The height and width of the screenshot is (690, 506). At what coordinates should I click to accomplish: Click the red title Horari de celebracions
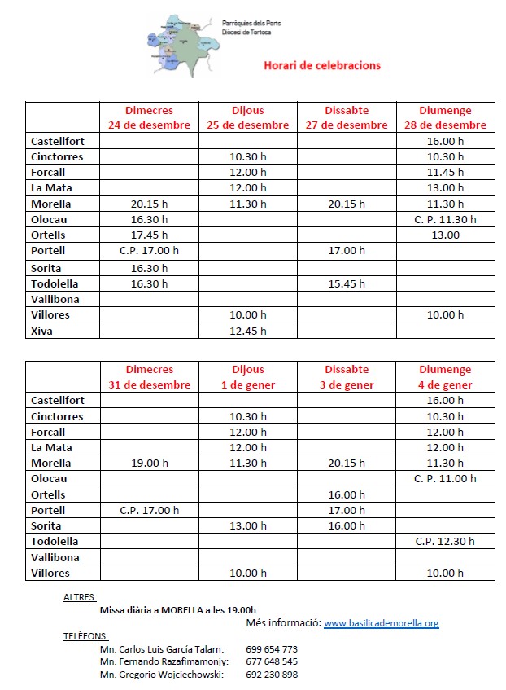[322, 65]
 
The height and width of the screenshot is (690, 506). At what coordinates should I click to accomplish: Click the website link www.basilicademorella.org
[382, 623]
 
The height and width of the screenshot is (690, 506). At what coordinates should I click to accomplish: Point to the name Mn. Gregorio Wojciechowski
[161, 675]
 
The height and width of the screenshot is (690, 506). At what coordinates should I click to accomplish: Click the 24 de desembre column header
[149, 118]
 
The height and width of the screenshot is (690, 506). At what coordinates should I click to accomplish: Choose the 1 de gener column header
[248, 377]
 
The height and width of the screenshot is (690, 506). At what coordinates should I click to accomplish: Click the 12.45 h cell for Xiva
[248, 331]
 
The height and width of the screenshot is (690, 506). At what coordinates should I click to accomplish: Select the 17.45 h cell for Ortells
[149, 235]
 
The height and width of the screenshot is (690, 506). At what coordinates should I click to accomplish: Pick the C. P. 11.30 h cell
[445, 219]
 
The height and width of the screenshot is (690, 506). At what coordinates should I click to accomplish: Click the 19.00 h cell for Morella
[149, 463]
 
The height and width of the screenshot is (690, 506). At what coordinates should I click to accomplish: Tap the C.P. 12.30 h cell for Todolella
[445, 541]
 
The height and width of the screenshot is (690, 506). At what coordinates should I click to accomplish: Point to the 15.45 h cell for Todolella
[347, 283]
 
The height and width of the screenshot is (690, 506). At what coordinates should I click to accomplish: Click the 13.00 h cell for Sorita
[248, 525]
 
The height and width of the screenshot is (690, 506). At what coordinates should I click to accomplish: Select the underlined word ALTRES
[80, 596]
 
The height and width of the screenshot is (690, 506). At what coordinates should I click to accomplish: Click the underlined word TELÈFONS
[85, 635]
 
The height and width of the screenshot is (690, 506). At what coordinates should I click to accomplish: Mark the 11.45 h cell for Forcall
[445, 172]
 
